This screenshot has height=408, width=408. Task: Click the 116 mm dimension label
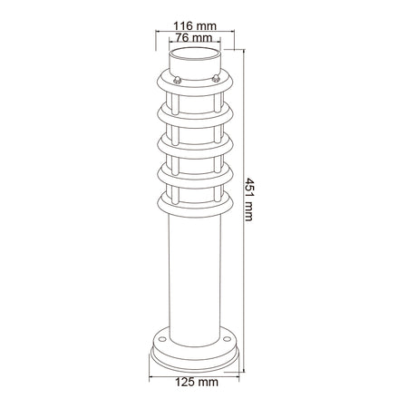195,26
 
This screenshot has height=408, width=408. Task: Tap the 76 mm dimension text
194,38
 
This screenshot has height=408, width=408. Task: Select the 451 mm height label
249,199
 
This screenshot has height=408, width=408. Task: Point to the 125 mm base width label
197,382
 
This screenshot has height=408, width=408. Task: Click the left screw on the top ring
177,80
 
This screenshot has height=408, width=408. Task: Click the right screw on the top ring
216,78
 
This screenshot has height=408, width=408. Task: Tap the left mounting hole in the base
162,339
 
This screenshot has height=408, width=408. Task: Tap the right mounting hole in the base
227,339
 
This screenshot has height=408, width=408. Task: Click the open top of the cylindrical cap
195,54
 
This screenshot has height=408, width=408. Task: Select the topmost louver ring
195,88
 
